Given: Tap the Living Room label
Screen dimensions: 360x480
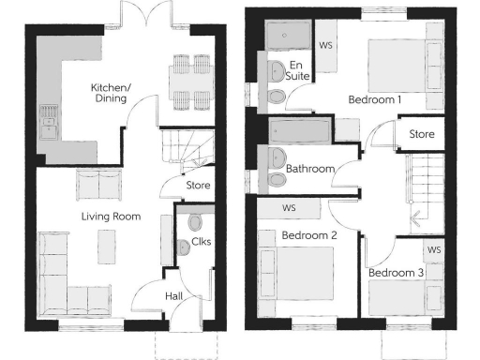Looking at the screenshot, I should point(111,217).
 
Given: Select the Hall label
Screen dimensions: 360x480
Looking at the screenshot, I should point(175,296).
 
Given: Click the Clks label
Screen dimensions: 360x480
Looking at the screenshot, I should point(201,242).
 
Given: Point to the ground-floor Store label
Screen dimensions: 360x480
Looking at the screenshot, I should point(198,186).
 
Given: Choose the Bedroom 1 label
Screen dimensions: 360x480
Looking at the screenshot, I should point(375,98).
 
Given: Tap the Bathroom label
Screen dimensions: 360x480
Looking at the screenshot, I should point(310,170).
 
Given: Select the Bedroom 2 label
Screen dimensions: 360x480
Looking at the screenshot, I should point(309,235).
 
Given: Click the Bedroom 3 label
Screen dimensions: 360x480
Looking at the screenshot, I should point(396,273).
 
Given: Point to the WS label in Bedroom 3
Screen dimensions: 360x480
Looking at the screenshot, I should point(434,250).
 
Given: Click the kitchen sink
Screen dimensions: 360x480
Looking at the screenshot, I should point(48,120).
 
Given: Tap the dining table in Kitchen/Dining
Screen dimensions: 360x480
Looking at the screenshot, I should point(191,79).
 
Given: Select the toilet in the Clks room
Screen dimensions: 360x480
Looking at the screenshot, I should point(194,221).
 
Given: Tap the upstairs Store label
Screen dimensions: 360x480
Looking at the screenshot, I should point(422,134).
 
